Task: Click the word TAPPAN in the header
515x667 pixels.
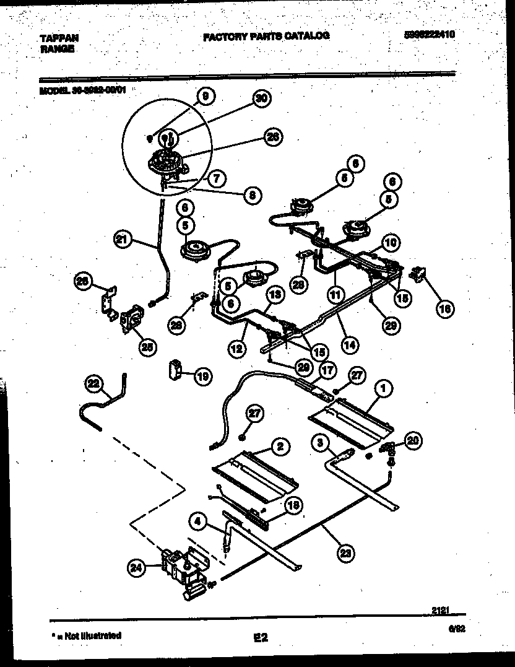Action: (x=59, y=38)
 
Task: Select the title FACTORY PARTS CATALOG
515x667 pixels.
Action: (x=266, y=36)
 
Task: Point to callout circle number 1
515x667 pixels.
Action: (x=383, y=388)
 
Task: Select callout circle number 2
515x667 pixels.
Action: (x=280, y=446)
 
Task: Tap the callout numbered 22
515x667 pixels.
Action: (x=94, y=385)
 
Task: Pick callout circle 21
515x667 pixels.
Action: (x=123, y=239)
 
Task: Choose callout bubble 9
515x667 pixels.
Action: (x=206, y=96)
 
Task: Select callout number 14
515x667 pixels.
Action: (x=349, y=344)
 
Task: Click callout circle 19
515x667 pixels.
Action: (x=202, y=375)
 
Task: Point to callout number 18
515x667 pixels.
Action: (x=295, y=505)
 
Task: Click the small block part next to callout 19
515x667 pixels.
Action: (x=174, y=370)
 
